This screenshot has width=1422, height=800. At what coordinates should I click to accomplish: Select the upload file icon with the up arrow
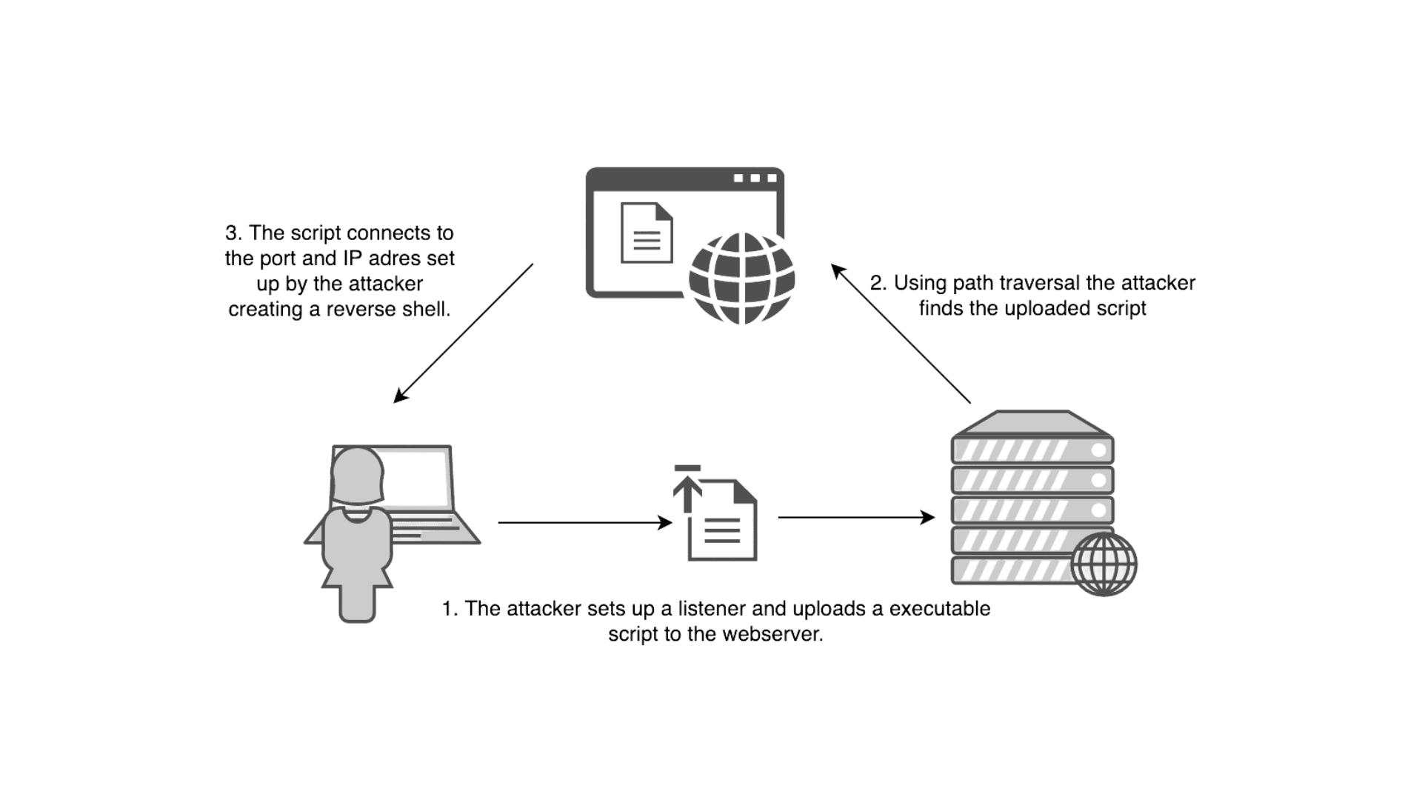pos(715,513)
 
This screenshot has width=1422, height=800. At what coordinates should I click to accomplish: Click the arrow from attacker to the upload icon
pos(585,523)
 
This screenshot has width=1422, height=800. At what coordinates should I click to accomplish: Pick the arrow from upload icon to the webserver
pos(857,517)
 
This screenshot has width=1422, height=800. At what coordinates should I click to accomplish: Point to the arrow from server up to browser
pos(901,333)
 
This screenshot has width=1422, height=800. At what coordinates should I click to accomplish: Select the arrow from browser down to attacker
pos(463,333)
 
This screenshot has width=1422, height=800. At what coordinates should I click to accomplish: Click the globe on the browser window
pos(741,279)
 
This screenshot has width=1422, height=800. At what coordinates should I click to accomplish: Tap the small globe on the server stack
pos(1104,564)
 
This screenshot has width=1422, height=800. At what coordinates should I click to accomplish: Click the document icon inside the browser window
pos(647,233)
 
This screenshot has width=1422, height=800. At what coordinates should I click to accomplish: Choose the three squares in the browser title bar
pos(755,178)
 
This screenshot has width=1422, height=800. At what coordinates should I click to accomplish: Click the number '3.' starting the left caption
pos(234,233)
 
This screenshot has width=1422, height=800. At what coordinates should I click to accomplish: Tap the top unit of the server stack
pos(1032,449)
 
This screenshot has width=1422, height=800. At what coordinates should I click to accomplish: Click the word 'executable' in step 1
pos(940,609)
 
